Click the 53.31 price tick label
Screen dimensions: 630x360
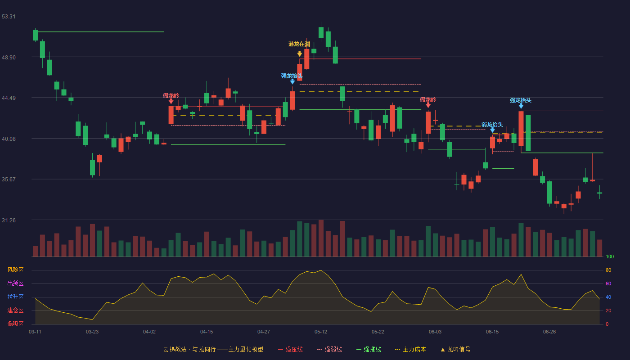9,17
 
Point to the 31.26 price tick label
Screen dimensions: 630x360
9,220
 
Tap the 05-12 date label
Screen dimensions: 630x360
320,332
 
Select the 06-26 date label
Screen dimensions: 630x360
549,332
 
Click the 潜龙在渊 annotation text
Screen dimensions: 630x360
299,44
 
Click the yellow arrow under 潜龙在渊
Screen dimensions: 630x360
300,54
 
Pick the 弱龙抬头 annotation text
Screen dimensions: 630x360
492,125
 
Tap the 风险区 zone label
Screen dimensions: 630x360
15,270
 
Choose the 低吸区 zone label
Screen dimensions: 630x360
15,324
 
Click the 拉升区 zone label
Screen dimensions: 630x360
15,297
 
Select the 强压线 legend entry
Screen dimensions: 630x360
290,350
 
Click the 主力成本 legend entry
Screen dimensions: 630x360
410,350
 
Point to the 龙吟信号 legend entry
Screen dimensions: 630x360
455,350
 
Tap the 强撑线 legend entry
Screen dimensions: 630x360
369,350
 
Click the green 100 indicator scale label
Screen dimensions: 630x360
610,257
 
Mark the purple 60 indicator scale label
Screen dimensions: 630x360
608,284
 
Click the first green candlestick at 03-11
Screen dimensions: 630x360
35,35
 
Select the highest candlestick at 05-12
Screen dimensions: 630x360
321,32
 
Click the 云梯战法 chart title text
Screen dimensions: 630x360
175,350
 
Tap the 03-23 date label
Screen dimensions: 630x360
92,332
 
